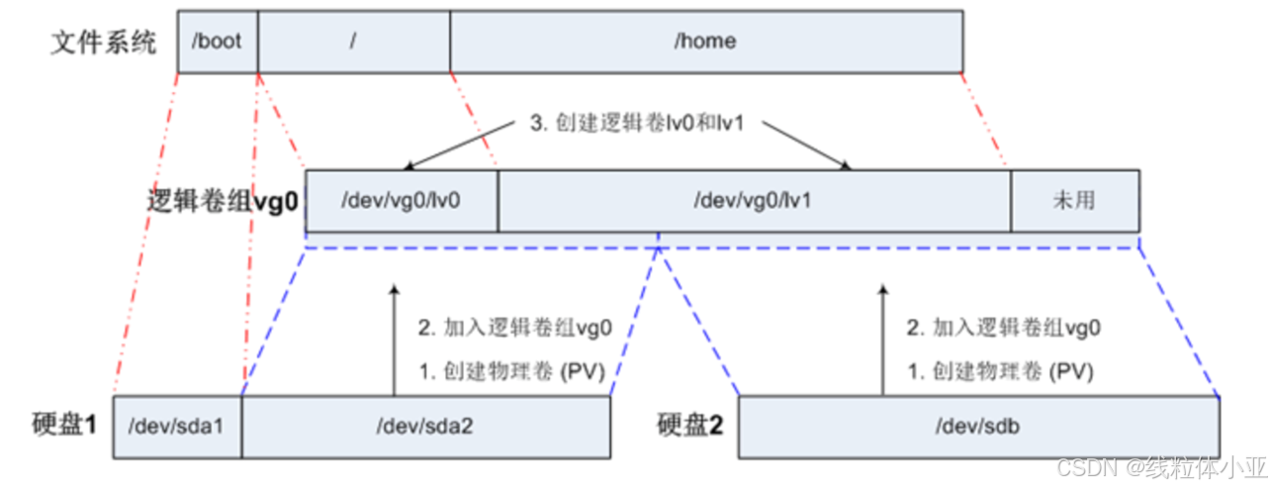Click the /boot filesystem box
[x=218, y=43]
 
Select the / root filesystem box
[x=353, y=43]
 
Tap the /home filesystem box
[x=705, y=43]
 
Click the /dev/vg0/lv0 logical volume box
[x=402, y=200]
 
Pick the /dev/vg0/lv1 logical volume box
[x=754, y=200]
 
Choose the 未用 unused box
[x=1073, y=200]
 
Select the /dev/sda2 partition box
[x=425, y=428]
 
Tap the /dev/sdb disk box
[x=978, y=428]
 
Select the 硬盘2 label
[x=690, y=426]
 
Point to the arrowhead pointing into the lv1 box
[x=847, y=166]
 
